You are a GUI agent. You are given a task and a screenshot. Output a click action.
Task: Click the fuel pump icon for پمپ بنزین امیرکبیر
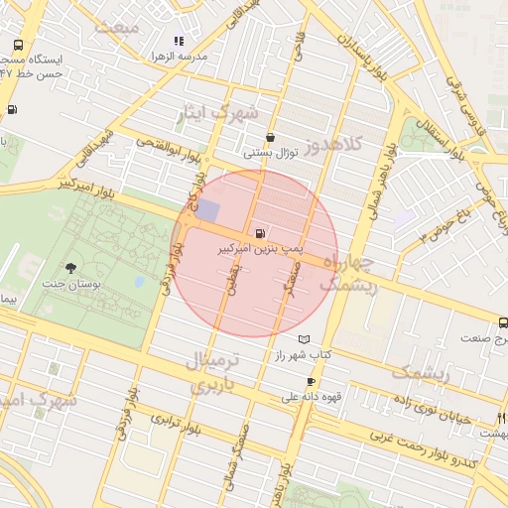point(260,235)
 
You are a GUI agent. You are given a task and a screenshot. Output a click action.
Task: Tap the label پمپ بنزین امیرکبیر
point(260,250)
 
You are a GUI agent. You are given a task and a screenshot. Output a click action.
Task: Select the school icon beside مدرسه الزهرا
point(179,42)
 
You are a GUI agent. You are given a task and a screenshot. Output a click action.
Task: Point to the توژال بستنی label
point(271,153)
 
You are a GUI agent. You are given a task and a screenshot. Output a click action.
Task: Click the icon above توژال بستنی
point(271,138)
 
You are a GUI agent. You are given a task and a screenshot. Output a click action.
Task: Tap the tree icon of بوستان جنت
point(70,268)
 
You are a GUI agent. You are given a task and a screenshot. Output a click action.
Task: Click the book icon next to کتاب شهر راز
point(317,339)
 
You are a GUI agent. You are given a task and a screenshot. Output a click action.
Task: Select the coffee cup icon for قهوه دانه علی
point(312,382)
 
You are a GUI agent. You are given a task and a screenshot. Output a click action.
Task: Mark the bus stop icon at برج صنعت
point(503,322)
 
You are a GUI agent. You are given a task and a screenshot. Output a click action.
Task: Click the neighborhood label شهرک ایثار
point(217,112)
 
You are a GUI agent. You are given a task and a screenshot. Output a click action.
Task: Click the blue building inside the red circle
point(208,209)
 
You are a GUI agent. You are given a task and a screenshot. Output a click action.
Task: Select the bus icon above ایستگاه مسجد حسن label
point(19,46)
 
